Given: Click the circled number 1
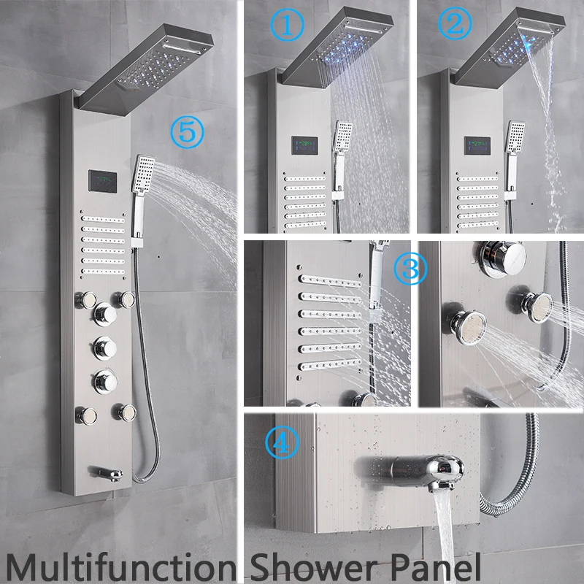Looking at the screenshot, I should (291, 28).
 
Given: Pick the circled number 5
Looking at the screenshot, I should (184, 132).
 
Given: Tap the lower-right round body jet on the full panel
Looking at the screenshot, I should (122, 411).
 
